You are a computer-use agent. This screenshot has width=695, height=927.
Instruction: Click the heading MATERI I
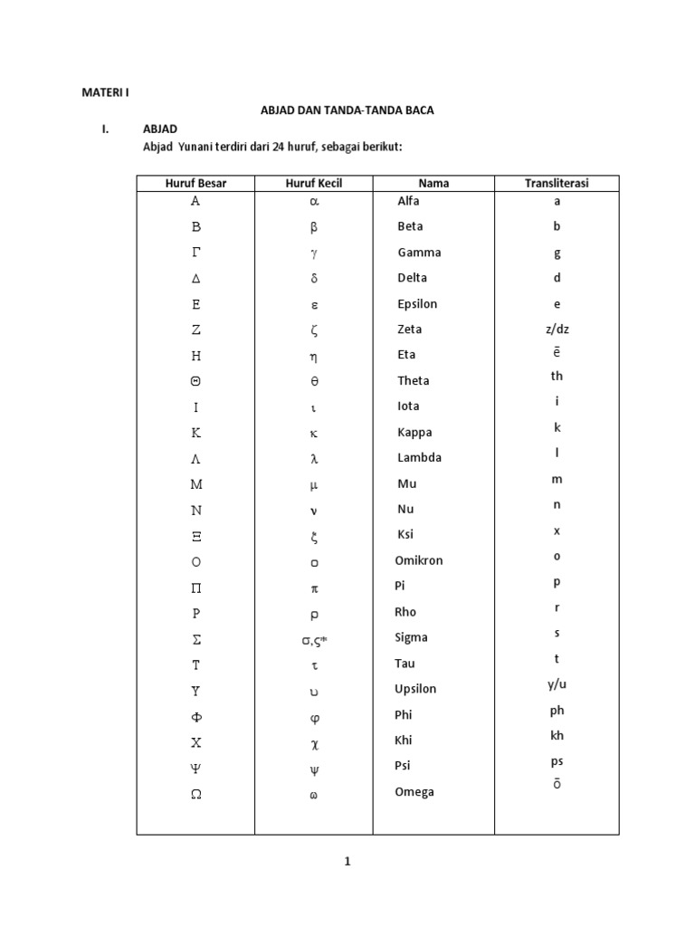[106, 92]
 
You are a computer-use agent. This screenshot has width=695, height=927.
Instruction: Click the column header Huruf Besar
[195, 183]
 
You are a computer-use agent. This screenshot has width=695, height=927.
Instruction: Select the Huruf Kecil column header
[314, 183]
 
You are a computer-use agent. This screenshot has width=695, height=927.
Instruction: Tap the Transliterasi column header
[557, 183]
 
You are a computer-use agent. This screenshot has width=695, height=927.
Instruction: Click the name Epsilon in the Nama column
[417, 304]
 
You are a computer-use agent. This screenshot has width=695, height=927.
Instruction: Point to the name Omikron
[419, 560]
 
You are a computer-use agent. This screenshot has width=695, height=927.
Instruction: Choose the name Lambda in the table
[420, 457]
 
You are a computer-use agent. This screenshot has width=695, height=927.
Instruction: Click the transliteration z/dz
[557, 329]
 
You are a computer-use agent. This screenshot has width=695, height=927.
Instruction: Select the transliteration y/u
[557, 684]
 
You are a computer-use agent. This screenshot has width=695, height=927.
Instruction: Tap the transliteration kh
[557, 735]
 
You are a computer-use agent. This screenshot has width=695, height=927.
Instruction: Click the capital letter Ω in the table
[195, 794]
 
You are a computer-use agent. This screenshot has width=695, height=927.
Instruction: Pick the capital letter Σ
[195, 640]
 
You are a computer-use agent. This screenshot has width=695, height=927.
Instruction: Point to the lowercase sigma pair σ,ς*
[314, 640]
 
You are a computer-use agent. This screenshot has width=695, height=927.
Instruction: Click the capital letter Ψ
[195, 769]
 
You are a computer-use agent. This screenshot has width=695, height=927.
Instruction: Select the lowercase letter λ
[314, 459]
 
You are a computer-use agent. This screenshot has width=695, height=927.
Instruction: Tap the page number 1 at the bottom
[347, 862]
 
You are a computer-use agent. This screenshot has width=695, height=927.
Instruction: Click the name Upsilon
[415, 689]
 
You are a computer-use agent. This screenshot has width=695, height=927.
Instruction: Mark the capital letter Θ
[195, 382]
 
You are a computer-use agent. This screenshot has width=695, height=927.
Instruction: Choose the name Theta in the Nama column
[414, 381]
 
